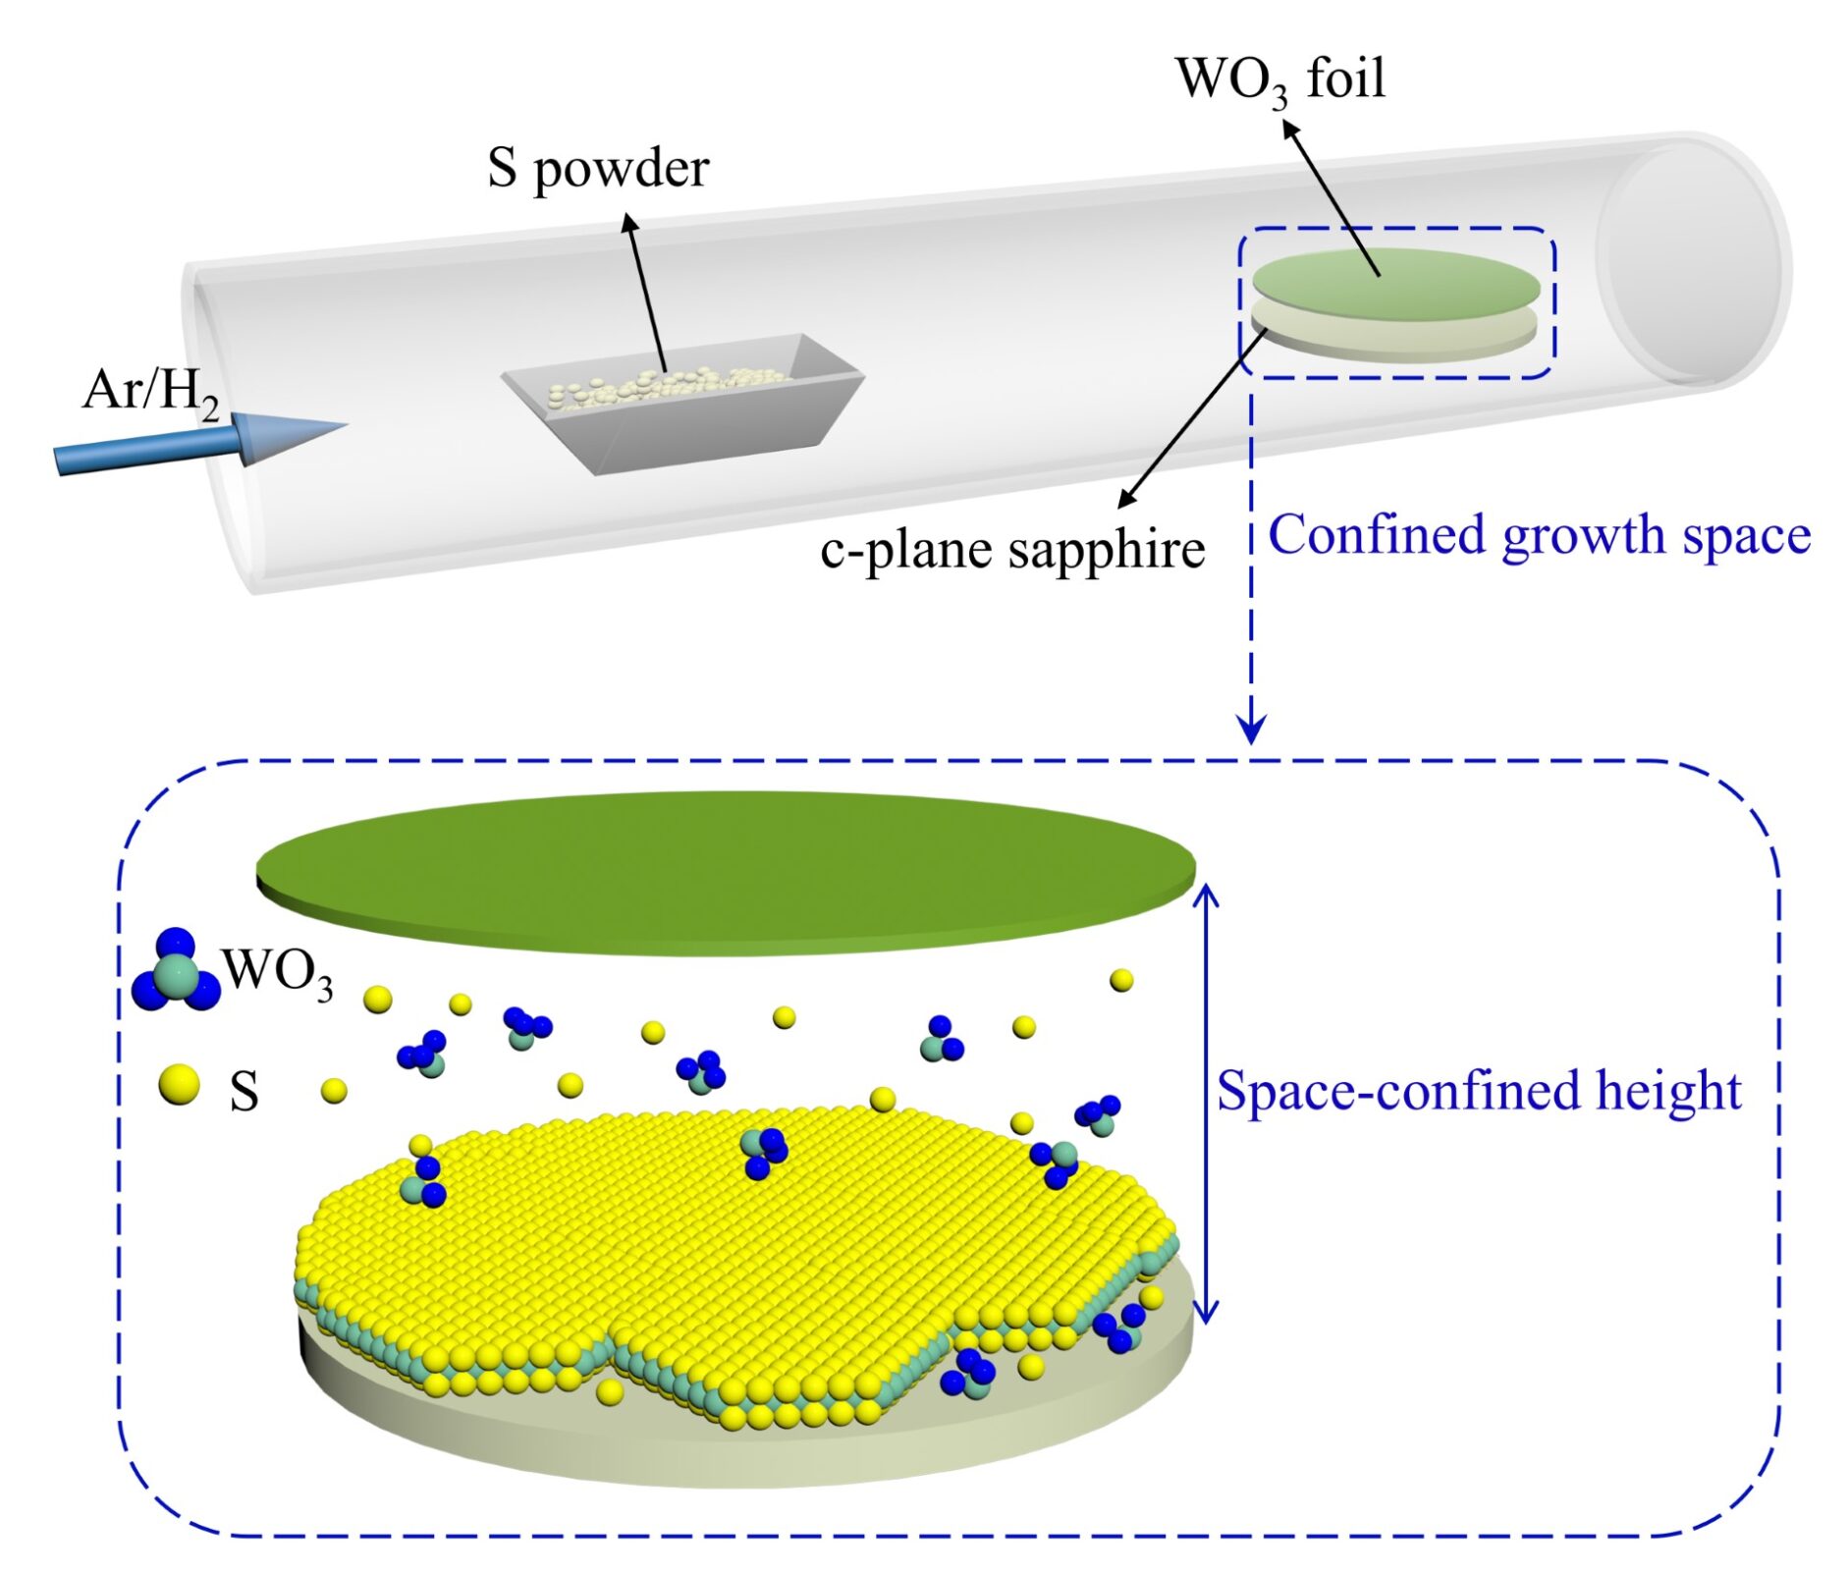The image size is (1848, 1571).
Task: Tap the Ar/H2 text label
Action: (x=150, y=392)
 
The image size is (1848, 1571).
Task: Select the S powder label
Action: (x=597, y=169)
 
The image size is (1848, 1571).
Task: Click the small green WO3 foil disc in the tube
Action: (x=1394, y=283)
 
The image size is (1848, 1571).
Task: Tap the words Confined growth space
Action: (x=1539, y=536)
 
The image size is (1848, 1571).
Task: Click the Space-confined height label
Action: (x=1478, y=1091)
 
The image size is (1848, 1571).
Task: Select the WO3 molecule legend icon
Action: (x=176, y=973)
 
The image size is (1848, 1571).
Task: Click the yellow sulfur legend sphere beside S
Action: (x=179, y=1085)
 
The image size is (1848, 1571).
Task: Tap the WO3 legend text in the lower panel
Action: (x=278, y=973)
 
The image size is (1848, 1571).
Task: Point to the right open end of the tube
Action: (x=1691, y=263)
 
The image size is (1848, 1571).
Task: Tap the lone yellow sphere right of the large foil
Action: (x=1120, y=980)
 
